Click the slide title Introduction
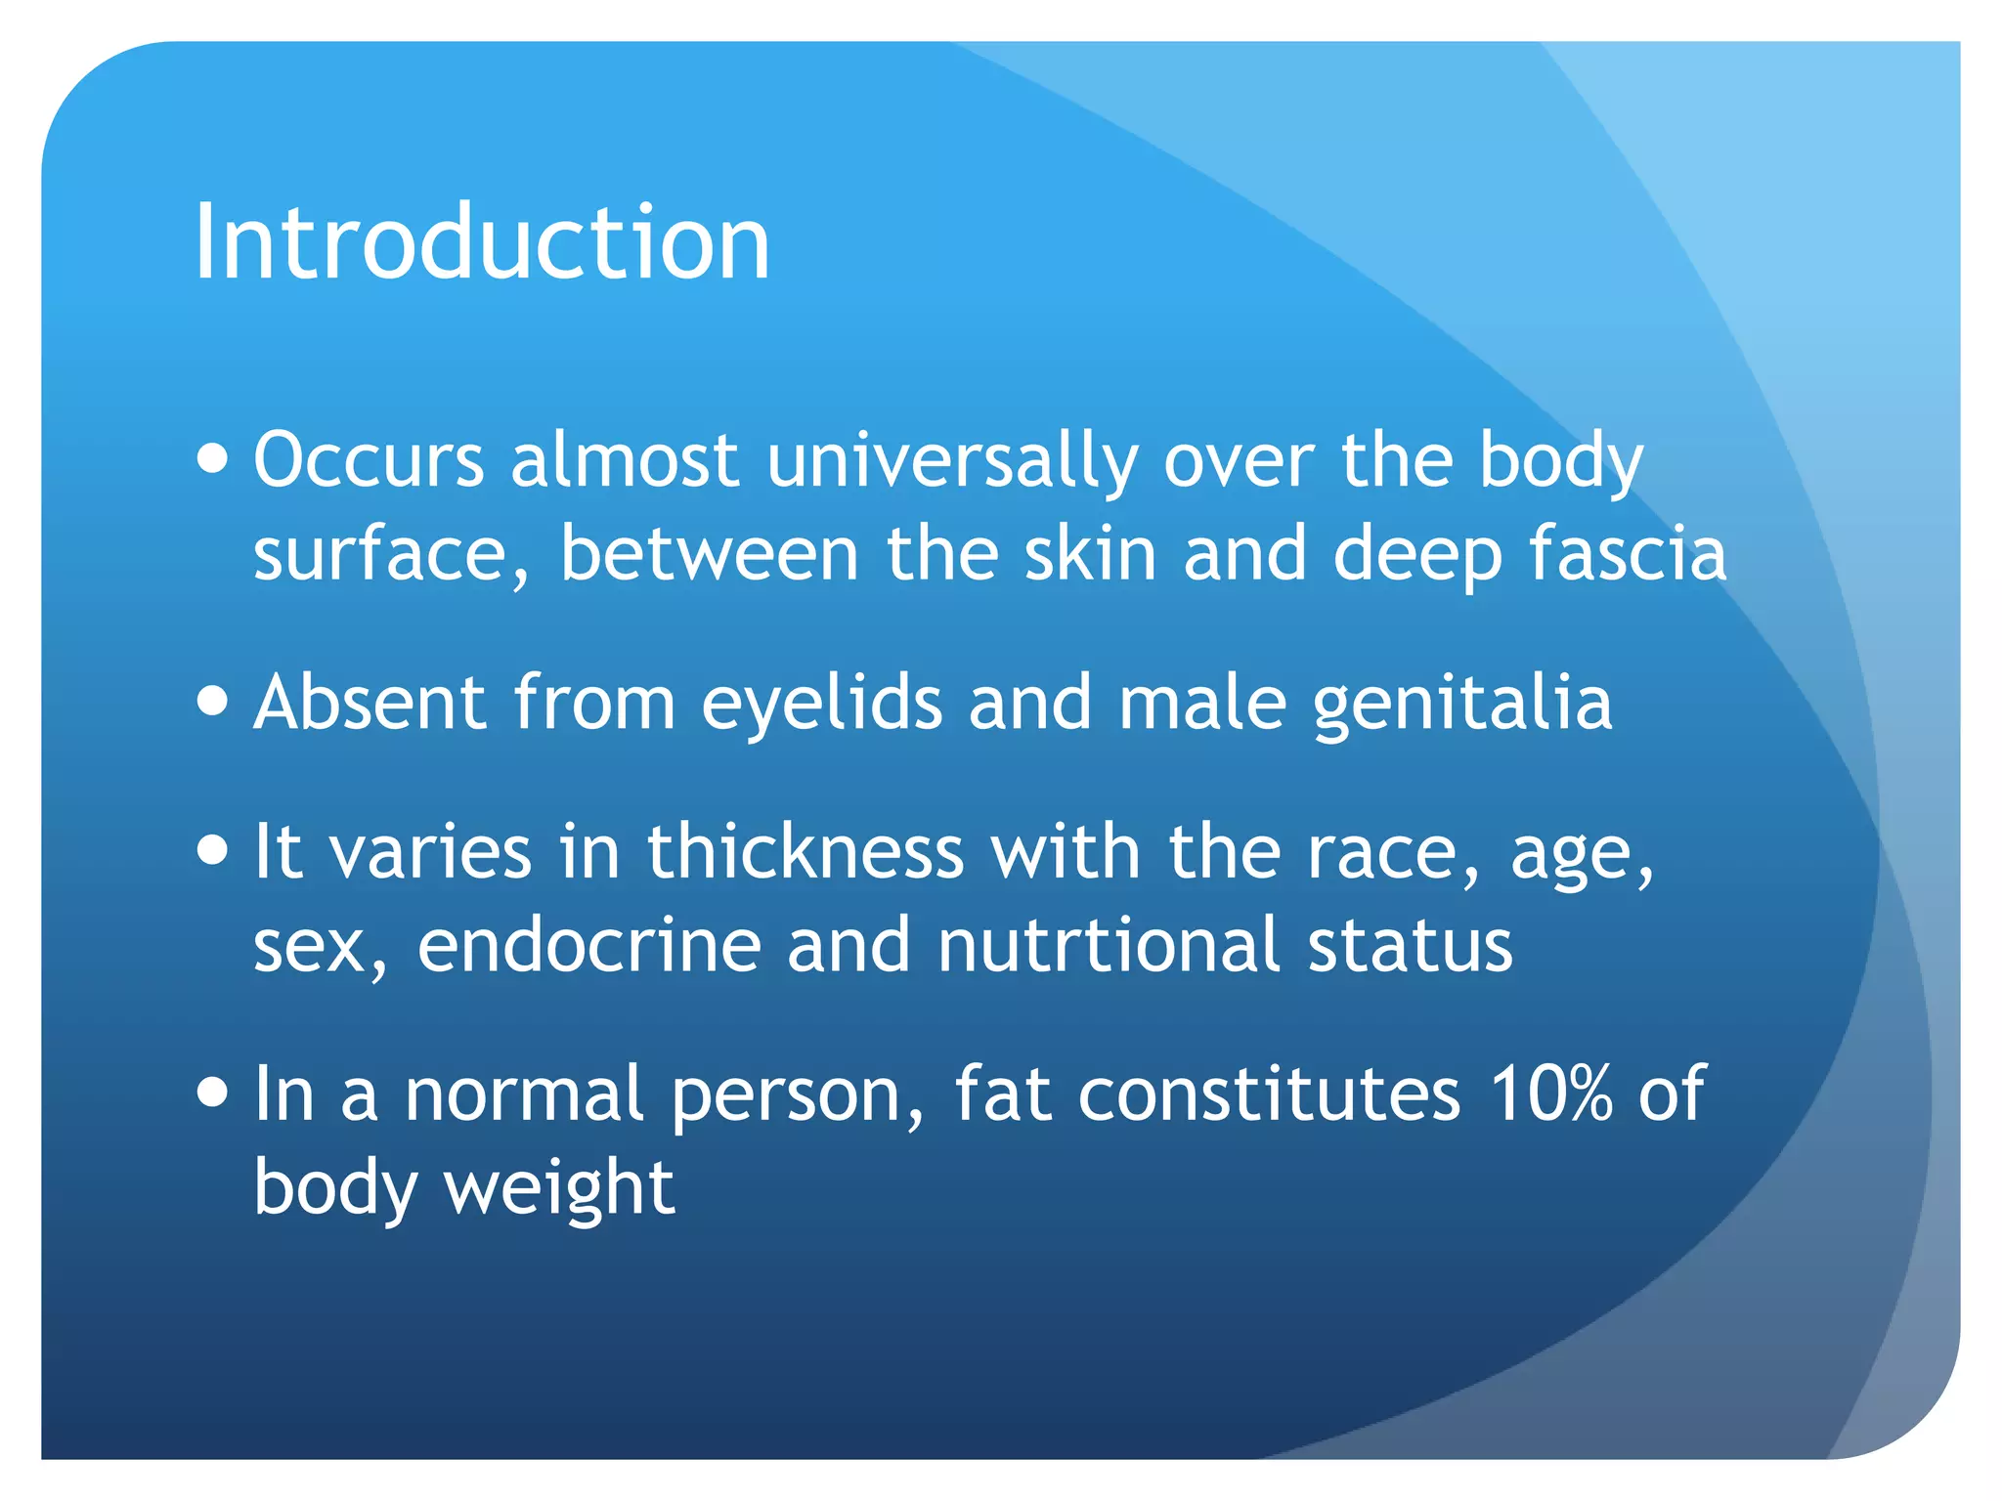(482, 241)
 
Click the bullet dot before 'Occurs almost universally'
(212, 456)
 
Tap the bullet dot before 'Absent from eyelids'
(212, 700)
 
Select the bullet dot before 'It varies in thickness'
(212, 848)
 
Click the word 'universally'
(952, 461)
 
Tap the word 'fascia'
(1628, 554)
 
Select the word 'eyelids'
(821, 704)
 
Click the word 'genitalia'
(1461, 704)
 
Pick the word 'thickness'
(805, 851)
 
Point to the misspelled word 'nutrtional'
(1109, 945)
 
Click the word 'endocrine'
(589, 945)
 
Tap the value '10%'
(1550, 1094)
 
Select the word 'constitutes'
(1269, 1094)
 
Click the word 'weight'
(559, 1188)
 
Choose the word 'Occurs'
(369, 460)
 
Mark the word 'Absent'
(370, 703)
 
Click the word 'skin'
(1090, 554)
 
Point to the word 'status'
(1410, 945)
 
